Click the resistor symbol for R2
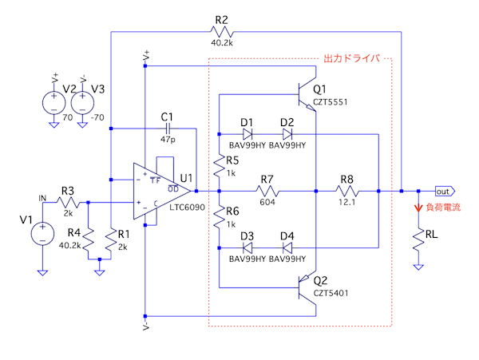pyautogui.click(x=220, y=32)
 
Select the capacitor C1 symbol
pyautogui.click(x=167, y=128)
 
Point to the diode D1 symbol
pyautogui.click(x=247, y=133)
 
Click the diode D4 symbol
pyautogui.click(x=287, y=247)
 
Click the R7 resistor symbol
pyautogui.click(x=267, y=192)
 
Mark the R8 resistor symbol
pyautogui.click(x=346, y=192)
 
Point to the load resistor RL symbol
pyautogui.click(x=417, y=239)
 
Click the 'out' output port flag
pyautogui.click(x=443, y=192)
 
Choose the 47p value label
pyautogui.click(x=167, y=140)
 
